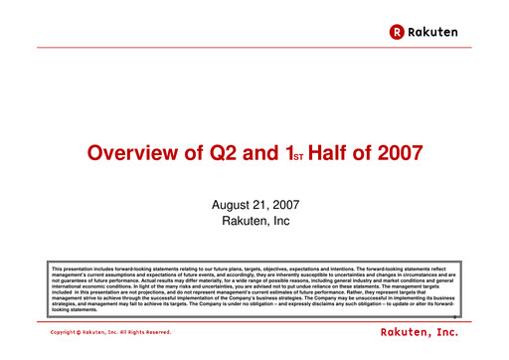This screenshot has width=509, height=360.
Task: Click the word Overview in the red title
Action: [x=127, y=154]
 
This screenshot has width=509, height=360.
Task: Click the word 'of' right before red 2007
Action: [x=359, y=154]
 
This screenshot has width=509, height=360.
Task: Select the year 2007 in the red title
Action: [x=398, y=154]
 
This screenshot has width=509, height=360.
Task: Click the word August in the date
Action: [x=231, y=203]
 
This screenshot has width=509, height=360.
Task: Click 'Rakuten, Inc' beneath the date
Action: [x=254, y=219]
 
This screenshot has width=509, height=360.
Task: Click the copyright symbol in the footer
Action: [x=82, y=331]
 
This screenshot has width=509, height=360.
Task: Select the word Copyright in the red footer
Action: [x=64, y=331]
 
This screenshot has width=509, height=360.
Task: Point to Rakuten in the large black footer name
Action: [x=410, y=330]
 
